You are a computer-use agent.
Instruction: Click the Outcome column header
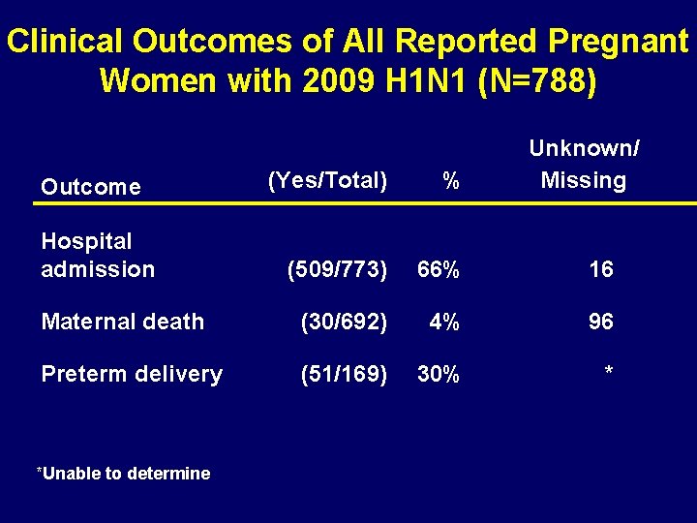(91, 187)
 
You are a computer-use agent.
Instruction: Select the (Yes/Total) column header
(327, 180)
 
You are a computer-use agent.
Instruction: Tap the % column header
(450, 180)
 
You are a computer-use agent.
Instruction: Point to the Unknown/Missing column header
(584, 165)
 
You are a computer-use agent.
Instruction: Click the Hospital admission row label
(98, 255)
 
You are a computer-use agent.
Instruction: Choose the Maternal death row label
(122, 322)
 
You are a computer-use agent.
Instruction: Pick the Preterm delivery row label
(132, 374)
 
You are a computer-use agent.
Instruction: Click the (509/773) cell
(337, 269)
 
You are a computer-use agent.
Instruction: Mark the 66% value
(438, 269)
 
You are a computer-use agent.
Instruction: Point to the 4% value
(444, 322)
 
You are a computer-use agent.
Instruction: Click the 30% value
(438, 374)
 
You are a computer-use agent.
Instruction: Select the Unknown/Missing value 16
(600, 269)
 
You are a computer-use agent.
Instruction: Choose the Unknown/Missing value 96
(600, 322)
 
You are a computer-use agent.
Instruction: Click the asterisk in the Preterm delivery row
(608, 370)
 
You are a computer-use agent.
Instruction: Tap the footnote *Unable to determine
(123, 474)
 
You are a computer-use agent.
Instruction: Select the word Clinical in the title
(66, 42)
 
